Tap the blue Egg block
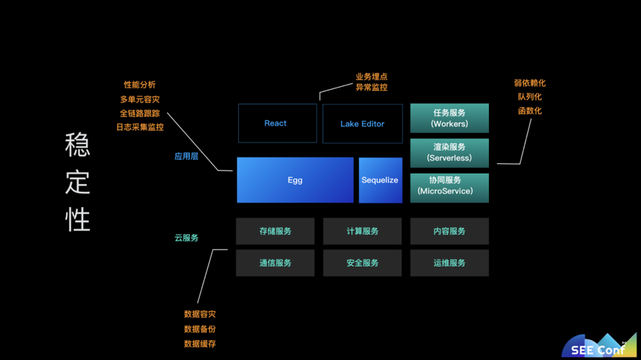(x=295, y=180)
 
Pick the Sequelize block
(x=380, y=180)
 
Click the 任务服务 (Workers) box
(x=450, y=118)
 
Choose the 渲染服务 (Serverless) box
(x=450, y=153)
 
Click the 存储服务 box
(x=275, y=231)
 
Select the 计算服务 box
(x=362, y=231)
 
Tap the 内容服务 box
(x=450, y=231)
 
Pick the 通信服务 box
(x=275, y=263)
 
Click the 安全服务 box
(x=362, y=263)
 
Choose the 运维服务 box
(x=450, y=263)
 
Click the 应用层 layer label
(x=186, y=157)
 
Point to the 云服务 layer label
(x=186, y=238)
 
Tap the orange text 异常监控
(x=371, y=87)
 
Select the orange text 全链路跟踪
(x=139, y=114)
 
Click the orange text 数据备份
(x=200, y=329)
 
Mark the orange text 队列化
(x=530, y=97)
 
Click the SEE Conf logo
(x=599, y=346)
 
